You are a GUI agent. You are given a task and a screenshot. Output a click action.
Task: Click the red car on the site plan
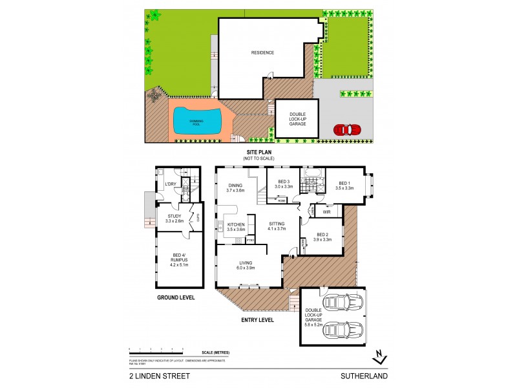tap(348, 129)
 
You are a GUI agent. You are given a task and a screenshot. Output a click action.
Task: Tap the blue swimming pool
tap(196, 121)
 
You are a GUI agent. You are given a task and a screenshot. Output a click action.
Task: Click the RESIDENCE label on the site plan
tap(262, 53)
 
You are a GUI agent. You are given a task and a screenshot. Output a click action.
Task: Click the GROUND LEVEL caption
tap(176, 297)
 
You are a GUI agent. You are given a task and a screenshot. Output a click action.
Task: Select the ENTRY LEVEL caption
tap(257, 319)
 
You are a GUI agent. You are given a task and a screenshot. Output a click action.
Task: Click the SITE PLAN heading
tap(257, 153)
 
